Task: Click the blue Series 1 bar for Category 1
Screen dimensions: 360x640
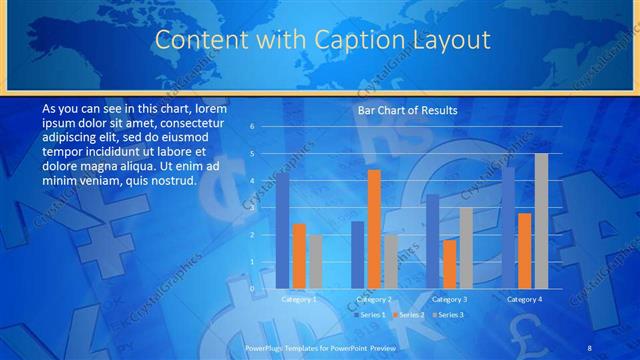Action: pos(283,231)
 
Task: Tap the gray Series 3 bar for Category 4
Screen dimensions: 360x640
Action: pos(541,221)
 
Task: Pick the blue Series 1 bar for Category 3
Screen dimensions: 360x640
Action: pos(433,241)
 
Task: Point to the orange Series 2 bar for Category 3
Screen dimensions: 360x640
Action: pos(449,264)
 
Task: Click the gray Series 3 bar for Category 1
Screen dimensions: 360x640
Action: pos(315,262)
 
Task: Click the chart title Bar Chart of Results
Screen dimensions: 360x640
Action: pos(407,110)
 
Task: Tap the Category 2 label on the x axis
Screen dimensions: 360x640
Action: pos(373,299)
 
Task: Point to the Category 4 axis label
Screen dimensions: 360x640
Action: pos(524,299)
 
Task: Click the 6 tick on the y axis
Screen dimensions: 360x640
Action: pos(252,127)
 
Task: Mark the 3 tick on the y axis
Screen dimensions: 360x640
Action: pos(252,208)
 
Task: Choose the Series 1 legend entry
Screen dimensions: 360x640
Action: pos(364,315)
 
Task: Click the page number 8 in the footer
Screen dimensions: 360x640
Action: pos(590,346)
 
